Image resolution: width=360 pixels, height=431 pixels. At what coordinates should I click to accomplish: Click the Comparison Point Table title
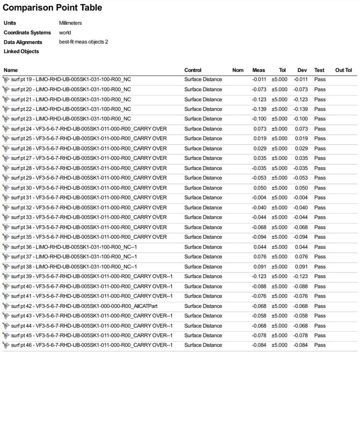52,8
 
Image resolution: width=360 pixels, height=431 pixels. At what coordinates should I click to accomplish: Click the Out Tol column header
343,70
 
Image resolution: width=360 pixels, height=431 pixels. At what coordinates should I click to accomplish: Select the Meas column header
258,70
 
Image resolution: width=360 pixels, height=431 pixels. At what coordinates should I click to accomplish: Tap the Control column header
193,70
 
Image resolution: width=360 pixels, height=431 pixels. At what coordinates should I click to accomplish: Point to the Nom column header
238,70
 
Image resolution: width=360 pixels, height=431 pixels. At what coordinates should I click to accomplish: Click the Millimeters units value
70,23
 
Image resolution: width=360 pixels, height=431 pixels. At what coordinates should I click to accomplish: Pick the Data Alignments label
23,42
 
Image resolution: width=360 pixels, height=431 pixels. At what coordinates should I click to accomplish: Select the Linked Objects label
21,52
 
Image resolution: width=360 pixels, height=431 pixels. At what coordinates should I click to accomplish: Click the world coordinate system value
65,32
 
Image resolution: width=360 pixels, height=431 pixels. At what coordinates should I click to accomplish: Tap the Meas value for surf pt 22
259,109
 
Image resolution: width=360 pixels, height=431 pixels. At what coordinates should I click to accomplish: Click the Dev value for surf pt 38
301,267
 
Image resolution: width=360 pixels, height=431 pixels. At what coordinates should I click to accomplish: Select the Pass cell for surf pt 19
320,79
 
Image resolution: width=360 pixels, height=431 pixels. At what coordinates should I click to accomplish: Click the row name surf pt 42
84,306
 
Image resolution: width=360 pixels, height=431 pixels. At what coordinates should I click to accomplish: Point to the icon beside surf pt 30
6,188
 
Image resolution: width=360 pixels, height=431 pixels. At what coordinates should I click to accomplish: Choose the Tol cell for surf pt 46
279,345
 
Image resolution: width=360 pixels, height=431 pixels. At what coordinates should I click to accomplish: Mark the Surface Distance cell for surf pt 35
203,237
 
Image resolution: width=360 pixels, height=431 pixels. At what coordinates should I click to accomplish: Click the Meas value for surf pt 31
259,198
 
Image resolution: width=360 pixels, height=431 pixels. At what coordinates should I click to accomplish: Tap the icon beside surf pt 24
6,129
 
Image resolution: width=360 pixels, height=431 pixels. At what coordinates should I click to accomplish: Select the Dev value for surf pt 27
301,158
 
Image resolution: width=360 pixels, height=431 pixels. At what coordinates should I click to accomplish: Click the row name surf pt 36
74,247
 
